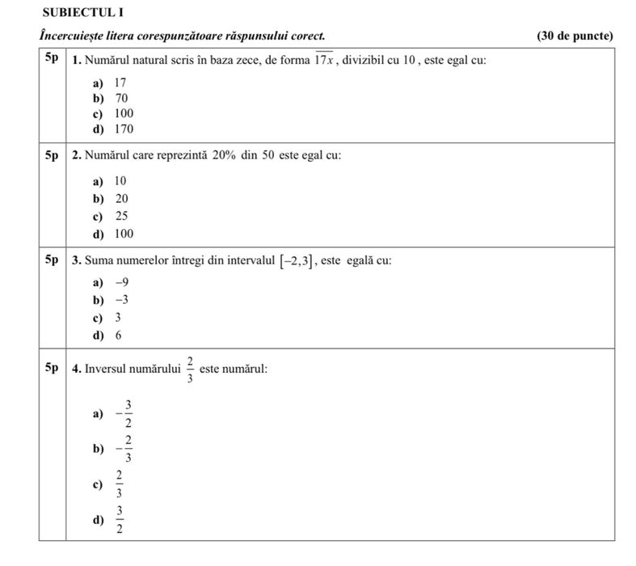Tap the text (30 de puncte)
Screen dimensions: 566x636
pyautogui.click(x=575, y=36)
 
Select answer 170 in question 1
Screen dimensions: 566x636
pyautogui.click(x=124, y=129)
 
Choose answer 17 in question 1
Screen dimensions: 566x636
pyautogui.click(x=120, y=82)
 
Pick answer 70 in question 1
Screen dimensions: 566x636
pyautogui.click(x=121, y=98)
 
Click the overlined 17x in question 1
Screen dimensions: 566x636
pyautogui.click(x=324, y=61)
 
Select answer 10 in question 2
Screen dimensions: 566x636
pyautogui.click(x=120, y=180)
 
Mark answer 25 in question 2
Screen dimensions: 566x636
pyautogui.click(x=121, y=217)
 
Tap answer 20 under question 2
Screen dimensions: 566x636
pyautogui.click(x=121, y=198)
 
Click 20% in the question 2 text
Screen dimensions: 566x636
pyautogui.click(x=224, y=154)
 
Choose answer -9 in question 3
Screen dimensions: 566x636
pyautogui.click(x=122, y=282)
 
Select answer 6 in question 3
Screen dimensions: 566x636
pyautogui.click(x=118, y=335)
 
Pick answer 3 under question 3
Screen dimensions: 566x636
pyautogui.click(x=118, y=317)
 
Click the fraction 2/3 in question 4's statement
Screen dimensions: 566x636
pyautogui.click(x=189, y=369)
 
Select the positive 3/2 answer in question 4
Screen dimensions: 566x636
pyautogui.click(x=119, y=520)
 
